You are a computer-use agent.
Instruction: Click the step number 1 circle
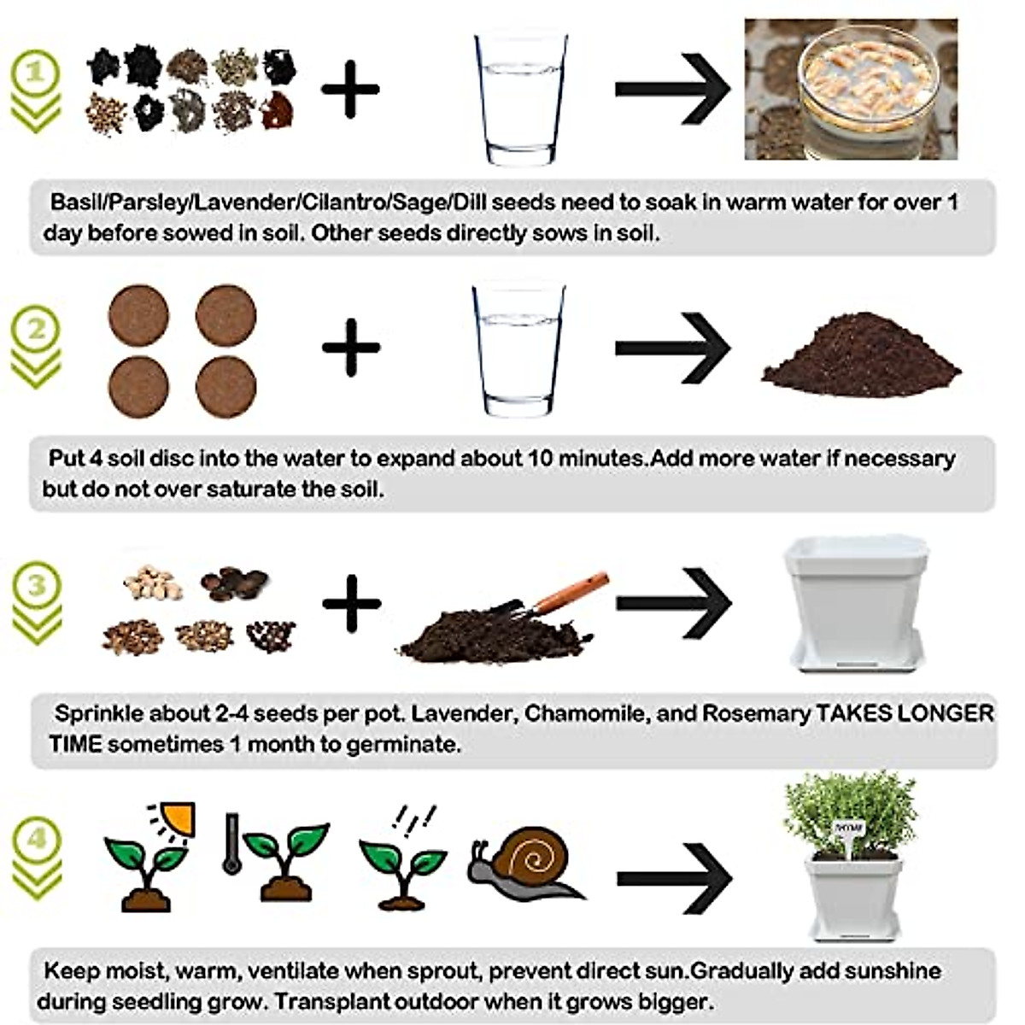(x=35, y=73)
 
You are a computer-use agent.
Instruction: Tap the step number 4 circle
(x=36, y=838)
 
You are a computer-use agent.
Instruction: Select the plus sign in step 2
(x=350, y=346)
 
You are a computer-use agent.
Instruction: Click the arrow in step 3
(x=674, y=602)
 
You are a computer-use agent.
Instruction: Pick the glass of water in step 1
(x=520, y=98)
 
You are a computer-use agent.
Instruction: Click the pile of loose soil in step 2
(x=860, y=357)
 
